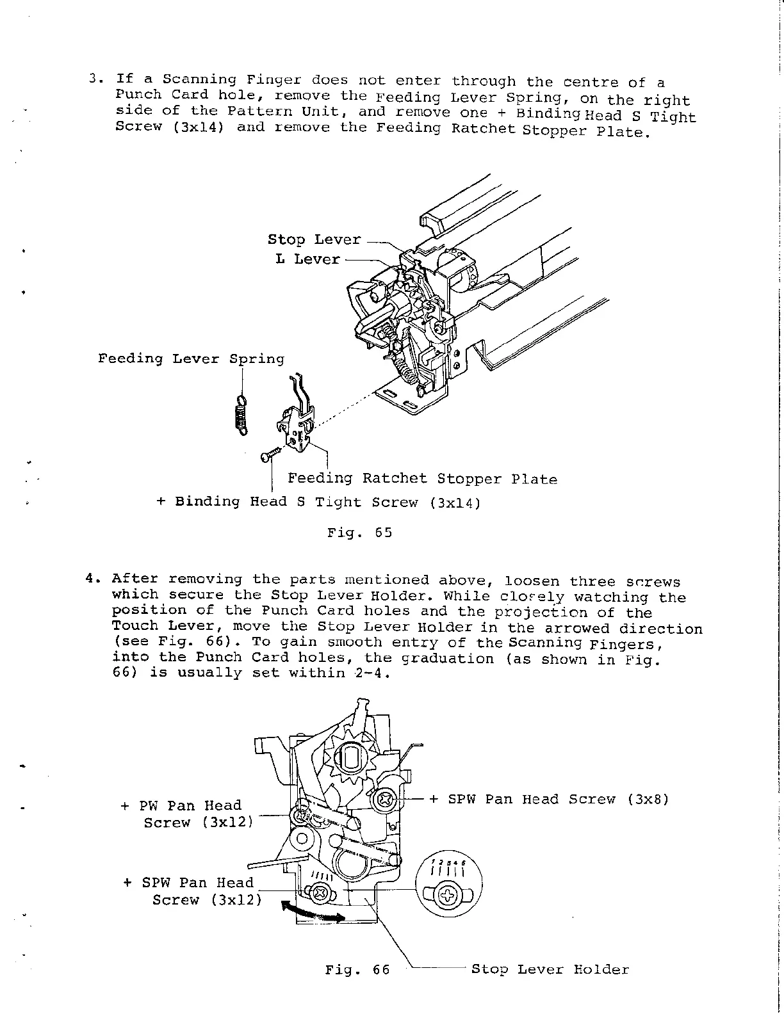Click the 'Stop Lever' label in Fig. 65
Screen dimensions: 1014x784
pos(314,240)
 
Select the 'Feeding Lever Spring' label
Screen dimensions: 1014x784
pos(191,358)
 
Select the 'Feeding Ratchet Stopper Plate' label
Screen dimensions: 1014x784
pos(422,479)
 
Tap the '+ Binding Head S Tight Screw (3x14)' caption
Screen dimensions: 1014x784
pos(318,502)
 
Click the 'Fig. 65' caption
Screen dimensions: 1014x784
pos(359,533)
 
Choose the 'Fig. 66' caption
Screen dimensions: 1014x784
pos(357,970)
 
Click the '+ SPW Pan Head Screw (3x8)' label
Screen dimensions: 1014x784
pos(549,800)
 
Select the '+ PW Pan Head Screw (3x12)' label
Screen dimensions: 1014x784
pos(187,814)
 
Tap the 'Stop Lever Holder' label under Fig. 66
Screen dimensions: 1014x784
pos(550,970)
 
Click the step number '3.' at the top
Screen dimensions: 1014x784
pos(96,79)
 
